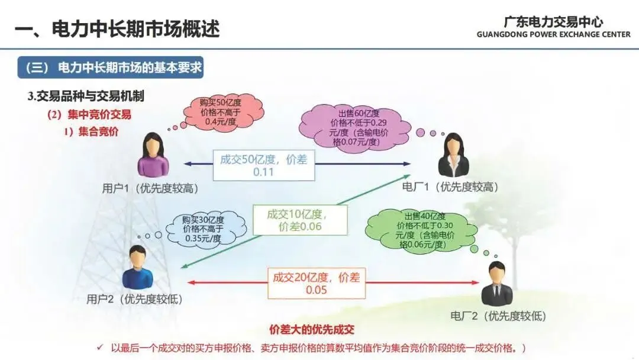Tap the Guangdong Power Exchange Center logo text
pos(553,27)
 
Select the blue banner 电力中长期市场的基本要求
pos(110,68)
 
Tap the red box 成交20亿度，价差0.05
pos(316,282)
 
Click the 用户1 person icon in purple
pos(154,155)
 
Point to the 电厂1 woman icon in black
pos(454,155)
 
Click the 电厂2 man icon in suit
pos(498,284)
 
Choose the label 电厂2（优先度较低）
pos(498,316)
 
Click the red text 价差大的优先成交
pos(312,330)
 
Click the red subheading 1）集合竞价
pos(91,131)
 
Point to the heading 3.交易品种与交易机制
pos(86,97)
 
